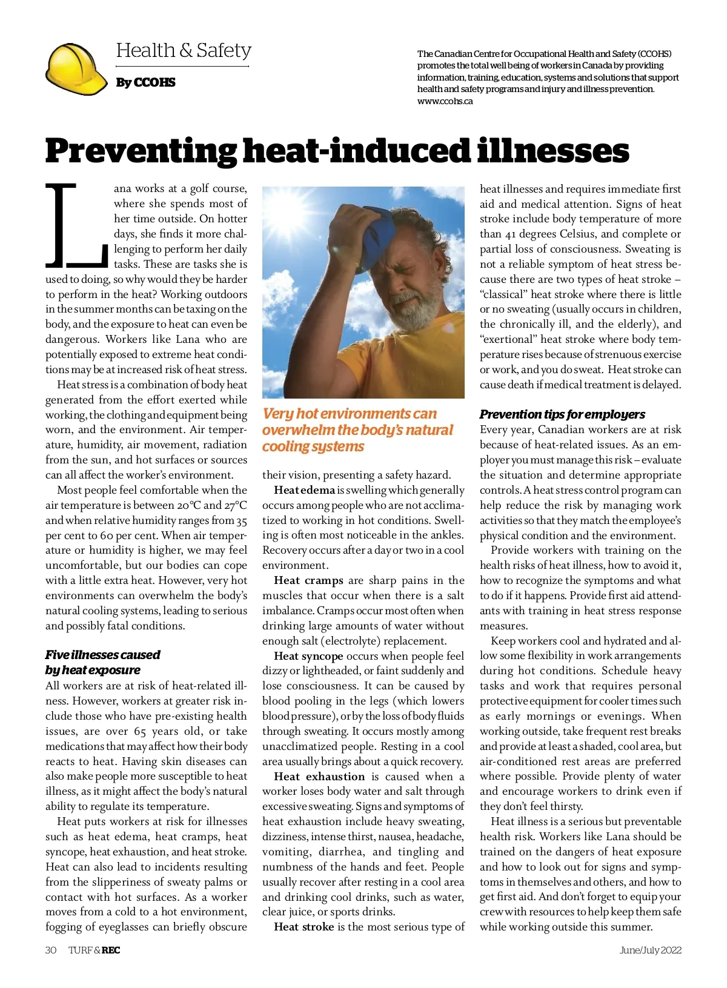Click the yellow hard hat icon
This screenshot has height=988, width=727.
pyautogui.click(x=76, y=69)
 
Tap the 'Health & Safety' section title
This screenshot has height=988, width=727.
pyautogui.click(x=184, y=50)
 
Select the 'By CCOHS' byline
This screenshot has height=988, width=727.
pyautogui.click(x=145, y=82)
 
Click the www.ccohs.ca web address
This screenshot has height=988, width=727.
pyautogui.click(x=445, y=101)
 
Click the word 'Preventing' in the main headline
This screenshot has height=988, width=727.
pyautogui.click(x=141, y=151)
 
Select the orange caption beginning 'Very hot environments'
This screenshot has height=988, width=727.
pyautogui.click(x=357, y=430)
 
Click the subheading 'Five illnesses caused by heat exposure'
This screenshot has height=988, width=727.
pyautogui.click(x=103, y=662)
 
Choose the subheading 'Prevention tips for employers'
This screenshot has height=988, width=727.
pyautogui.click(x=562, y=414)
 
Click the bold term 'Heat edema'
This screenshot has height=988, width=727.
pyautogui.click(x=304, y=490)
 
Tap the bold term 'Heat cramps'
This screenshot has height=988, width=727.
pyautogui.click(x=308, y=580)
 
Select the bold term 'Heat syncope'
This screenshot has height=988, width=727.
pyautogui.click(x=308, y=656)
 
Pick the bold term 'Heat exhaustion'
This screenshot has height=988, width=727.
pyautogui.click(x=319, y=777)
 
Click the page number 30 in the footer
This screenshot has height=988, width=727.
pyautogui.click(x=51, y=950)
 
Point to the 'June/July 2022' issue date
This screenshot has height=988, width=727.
pyautogui.click(x=650, y=950)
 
